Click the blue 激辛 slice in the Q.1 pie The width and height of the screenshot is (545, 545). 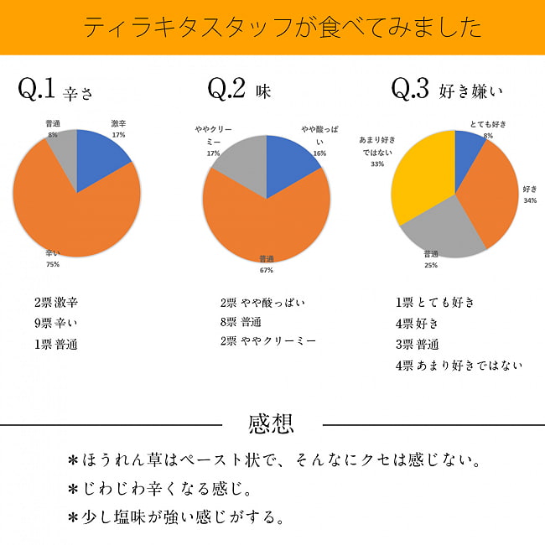[99, 157]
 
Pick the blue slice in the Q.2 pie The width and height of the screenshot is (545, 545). [288, 163]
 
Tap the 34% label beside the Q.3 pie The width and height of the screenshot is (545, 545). [530, 200]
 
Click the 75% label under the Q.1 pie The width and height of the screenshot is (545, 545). [53, 264]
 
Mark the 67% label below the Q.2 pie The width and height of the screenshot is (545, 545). [267, 270]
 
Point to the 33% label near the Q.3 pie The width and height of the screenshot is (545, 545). [377, 163]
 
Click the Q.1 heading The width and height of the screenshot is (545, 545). [55, 90]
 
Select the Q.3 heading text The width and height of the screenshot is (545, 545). [448, 90]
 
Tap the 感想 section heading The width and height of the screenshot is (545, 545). [271, 424]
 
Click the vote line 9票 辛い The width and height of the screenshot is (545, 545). [55, 324]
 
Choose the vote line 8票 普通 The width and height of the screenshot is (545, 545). [241, 322]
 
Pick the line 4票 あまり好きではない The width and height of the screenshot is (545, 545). [459, 366]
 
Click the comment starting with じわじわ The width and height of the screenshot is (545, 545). [160, 489]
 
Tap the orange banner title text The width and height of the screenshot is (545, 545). [283, 27]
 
